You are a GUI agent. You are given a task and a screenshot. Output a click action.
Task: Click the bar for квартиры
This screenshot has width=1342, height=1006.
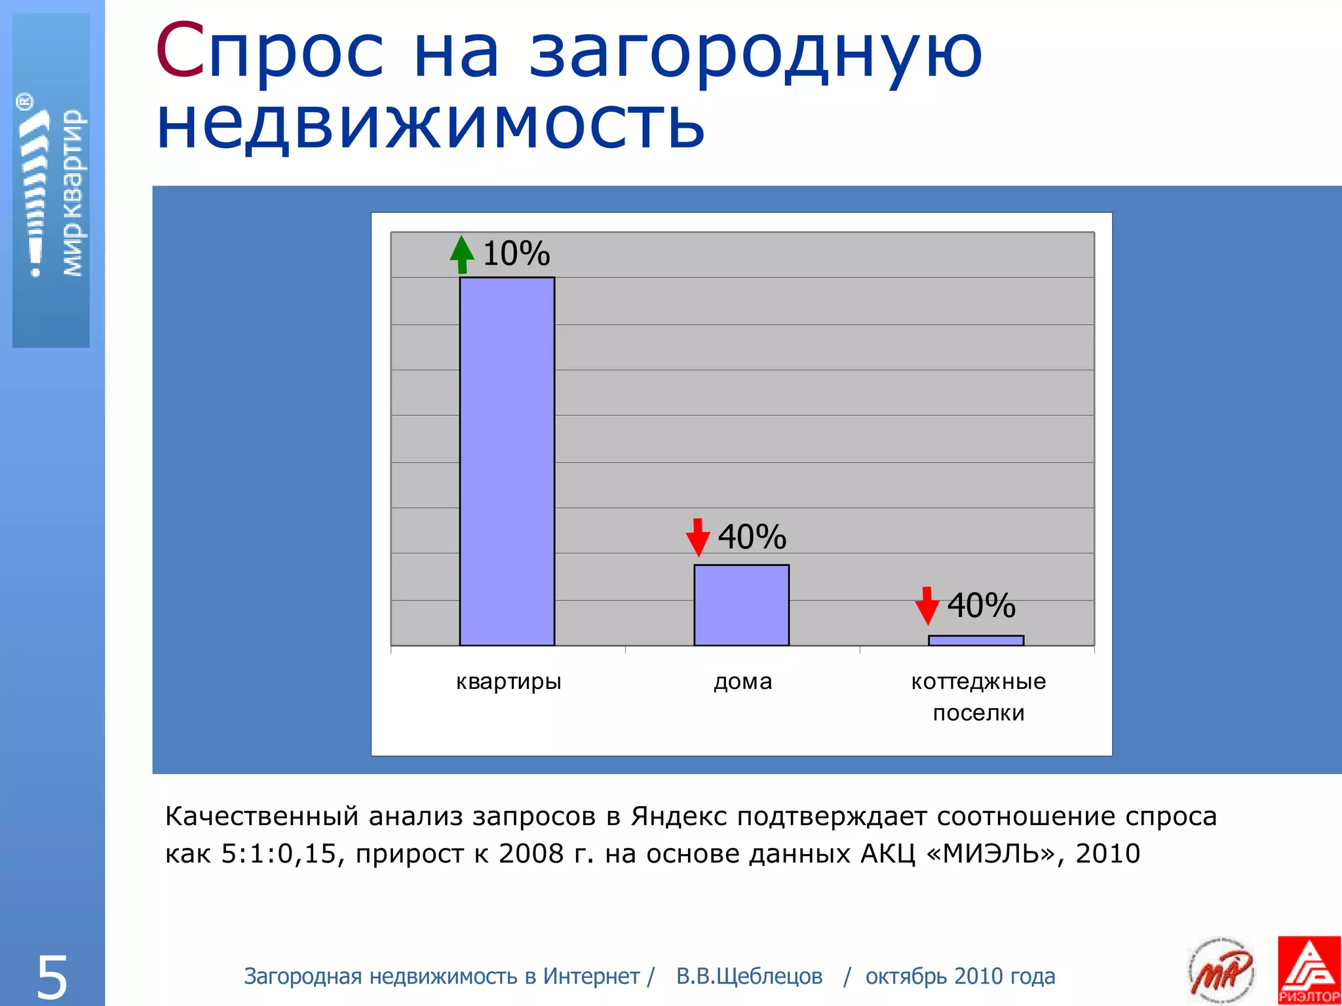click(x=507, y=461)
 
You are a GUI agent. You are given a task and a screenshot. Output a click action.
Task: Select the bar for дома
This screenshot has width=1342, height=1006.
click(x=741, y=605)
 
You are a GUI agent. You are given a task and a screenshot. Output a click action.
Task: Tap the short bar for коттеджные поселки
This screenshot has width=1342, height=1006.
click(x=976, y=641)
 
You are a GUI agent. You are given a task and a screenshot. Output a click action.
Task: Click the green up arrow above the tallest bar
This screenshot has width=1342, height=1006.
click(x=462, y=254)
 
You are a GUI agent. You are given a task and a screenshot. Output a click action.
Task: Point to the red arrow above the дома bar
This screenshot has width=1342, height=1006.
click(x=698, y=537)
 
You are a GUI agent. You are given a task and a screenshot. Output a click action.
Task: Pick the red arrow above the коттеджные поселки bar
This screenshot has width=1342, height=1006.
click(x=927, y=605)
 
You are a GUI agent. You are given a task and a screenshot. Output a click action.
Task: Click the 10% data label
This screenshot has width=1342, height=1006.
click(x=516, y=253)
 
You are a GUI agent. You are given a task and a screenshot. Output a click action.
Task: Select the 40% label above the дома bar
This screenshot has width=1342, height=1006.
click(x=752, y=537)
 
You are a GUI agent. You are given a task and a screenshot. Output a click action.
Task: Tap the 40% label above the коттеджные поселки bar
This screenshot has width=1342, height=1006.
click(x=982, y=605)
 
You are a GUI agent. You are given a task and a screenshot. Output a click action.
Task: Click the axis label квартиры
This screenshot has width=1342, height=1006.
click(x=508, y=682)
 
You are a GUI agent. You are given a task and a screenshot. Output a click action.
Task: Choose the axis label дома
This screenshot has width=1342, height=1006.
click(x=742, y=682)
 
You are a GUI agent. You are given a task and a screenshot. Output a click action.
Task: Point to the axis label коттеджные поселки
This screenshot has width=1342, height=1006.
click(x=978, y=697)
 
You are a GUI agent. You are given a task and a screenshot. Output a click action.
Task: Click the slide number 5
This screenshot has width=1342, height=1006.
click(x=52, y=977)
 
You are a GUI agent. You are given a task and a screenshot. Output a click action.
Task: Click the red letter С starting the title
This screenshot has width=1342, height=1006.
click(x=180, y=51)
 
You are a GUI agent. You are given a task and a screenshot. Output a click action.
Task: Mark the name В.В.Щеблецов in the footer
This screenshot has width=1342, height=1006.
click(x=749, y=977)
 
